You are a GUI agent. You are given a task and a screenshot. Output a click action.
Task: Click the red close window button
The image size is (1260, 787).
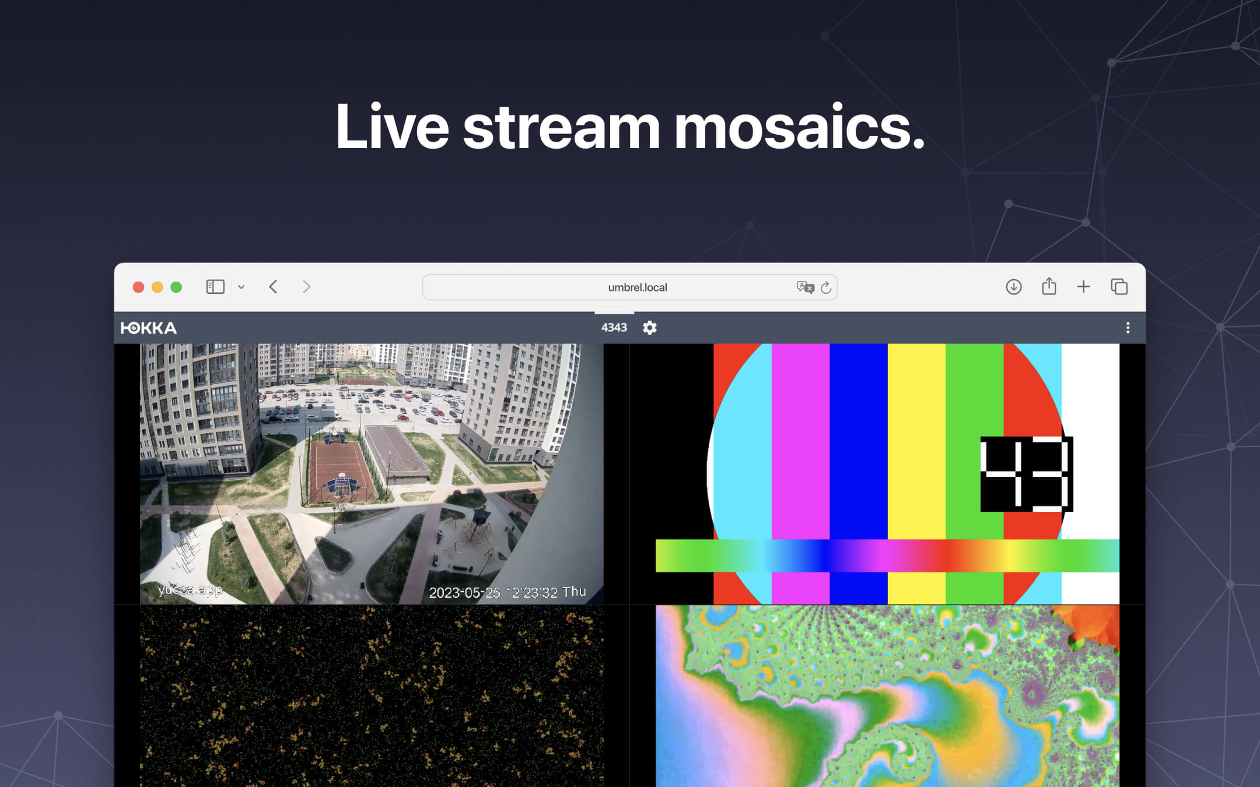click(138, 287)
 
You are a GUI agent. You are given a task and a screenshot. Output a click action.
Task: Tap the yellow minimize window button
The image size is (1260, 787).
click(157, 287)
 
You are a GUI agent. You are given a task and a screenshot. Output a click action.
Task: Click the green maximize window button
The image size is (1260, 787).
click(176, 287)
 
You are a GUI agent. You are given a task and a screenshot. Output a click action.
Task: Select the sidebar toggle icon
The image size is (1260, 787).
click(215, 287)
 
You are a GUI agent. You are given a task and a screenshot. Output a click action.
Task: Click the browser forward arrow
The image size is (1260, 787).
click(307, 287)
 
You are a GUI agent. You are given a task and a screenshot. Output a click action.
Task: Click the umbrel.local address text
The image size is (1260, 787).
click(637, 287)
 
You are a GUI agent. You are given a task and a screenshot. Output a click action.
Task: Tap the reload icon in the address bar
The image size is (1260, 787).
click(826, 287)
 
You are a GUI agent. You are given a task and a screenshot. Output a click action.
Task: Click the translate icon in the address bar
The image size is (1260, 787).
click(805, 287)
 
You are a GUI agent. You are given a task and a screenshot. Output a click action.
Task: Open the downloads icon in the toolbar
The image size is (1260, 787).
click(1013, 287)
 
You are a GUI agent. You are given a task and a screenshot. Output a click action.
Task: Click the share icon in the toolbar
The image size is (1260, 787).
click(1049, 286)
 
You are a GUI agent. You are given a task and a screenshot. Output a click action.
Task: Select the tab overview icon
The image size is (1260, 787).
click(1119, 287)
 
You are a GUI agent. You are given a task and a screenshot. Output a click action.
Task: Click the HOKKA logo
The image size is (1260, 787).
click(149, 328)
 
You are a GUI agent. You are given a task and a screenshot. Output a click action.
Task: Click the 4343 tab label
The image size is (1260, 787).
click(614, 328)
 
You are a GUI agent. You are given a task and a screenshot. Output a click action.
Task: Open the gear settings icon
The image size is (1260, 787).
click(650, 328)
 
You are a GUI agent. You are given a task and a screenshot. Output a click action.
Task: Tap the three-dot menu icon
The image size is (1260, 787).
click(1128, 328)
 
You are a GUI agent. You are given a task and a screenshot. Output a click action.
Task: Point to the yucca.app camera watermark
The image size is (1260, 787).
click(190, 590)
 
